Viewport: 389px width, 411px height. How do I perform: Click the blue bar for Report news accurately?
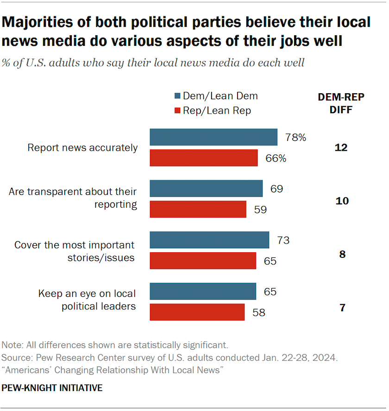tap(213, 137)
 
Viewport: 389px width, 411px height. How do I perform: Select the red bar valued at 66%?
tap(204, 158)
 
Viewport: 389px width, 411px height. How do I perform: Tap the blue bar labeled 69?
tap(206, 189)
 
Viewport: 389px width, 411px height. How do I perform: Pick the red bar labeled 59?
tap(198, 209)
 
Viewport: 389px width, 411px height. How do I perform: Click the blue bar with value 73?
tap(209, 240)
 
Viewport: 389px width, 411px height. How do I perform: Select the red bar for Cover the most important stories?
tap(203, 261)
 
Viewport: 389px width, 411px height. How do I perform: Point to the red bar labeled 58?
tap(197, 312)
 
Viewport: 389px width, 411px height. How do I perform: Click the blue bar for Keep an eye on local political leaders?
tap(203, 292)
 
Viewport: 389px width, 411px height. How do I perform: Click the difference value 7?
tap(342, 308)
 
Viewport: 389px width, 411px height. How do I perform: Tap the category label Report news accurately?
tap(82, 148)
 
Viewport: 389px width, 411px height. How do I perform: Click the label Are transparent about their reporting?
tap(73, 198)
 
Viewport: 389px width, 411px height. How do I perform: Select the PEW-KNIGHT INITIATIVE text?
tap(52, 388)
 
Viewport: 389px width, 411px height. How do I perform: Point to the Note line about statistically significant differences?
tap(115, 345)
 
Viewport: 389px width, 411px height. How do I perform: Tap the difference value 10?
tap(342, 201)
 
